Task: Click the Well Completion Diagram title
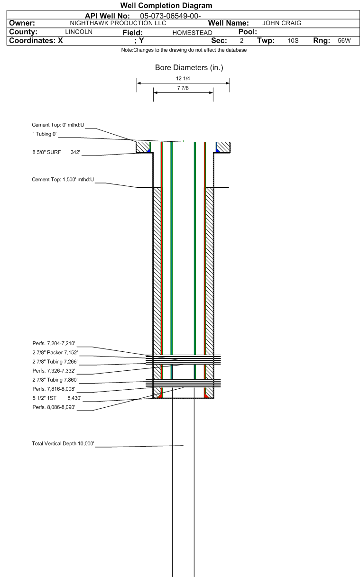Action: point(166,5)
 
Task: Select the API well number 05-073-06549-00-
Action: point(170,16)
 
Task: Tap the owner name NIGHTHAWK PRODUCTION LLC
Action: point(118,23)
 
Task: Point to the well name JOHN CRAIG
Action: point(282,23)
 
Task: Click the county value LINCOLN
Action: point(79,32)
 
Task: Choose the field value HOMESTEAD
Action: point(193,33)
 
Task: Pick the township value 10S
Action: point(293,41)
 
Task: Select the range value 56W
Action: point(344,41)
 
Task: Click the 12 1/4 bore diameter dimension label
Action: point(183,79)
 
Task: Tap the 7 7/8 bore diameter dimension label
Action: point(183,88)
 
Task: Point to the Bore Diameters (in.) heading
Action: point(189,68)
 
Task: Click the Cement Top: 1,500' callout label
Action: point(63,180)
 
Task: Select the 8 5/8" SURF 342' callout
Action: point(56,153)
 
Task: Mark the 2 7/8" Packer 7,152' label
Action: point(55,353)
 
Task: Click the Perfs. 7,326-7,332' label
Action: point(54,371)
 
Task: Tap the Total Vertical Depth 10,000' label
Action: point(63,444)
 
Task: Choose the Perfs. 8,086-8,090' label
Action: point(54,407)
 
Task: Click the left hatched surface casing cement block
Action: point(143,147)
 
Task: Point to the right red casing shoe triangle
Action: point(206,396)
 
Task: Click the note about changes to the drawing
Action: point(184,50)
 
